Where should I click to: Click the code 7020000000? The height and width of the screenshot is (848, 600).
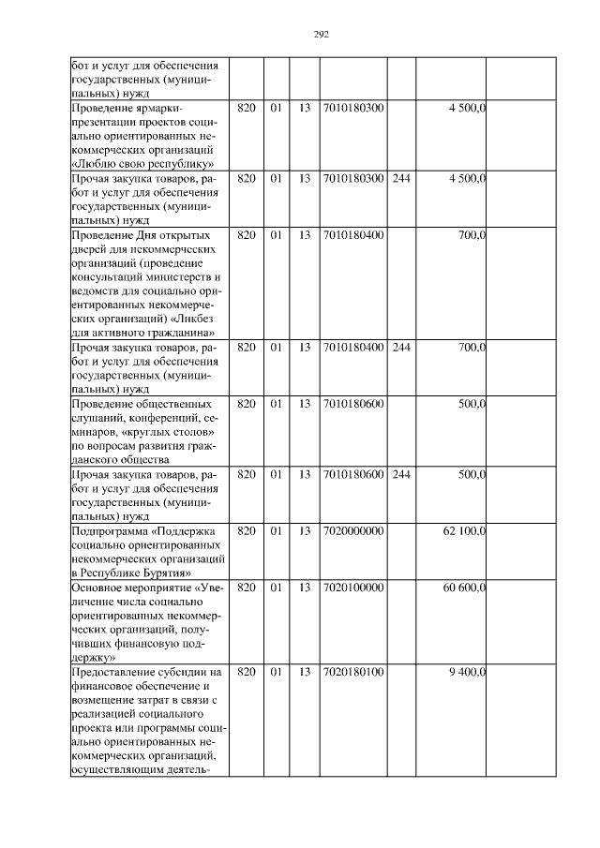352,531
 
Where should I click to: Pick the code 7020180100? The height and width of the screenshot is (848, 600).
352,672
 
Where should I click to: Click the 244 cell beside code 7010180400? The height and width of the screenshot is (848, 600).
401,348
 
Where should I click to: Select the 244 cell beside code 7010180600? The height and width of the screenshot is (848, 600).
401,475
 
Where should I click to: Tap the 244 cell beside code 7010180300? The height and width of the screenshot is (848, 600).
401,178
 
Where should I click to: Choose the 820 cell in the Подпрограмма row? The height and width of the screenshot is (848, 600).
246,531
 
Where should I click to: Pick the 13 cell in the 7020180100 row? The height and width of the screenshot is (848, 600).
304,672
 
